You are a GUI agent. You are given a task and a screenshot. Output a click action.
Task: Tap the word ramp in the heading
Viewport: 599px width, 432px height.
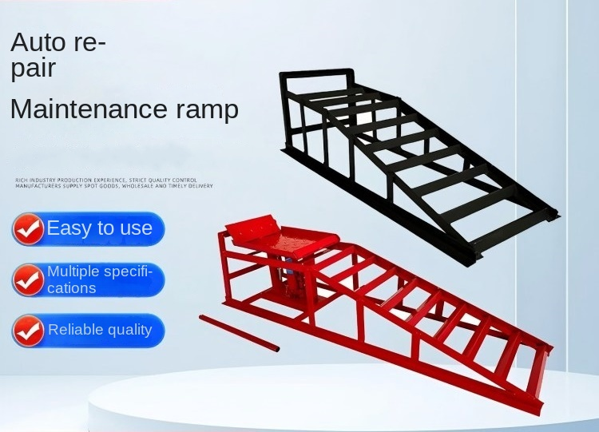pos(205,110)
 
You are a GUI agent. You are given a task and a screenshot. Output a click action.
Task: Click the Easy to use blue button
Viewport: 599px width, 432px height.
pos(89,228)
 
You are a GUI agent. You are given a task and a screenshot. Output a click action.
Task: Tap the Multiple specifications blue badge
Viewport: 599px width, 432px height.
pos(89,279)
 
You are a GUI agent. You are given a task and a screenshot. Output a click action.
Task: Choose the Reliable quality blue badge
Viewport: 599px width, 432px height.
pos(89,330)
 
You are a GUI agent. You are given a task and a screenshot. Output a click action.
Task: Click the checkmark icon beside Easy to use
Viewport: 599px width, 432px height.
pos(29,230)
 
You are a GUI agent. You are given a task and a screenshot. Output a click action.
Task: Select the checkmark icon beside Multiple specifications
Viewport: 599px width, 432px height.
pos(29,280)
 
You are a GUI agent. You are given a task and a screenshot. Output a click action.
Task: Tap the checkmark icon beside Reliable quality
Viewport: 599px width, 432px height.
pos(29,331)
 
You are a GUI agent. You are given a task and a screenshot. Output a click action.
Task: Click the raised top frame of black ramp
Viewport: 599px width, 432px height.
pos(315,80)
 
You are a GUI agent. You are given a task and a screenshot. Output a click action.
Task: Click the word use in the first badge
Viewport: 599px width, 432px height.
pos(135,228)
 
